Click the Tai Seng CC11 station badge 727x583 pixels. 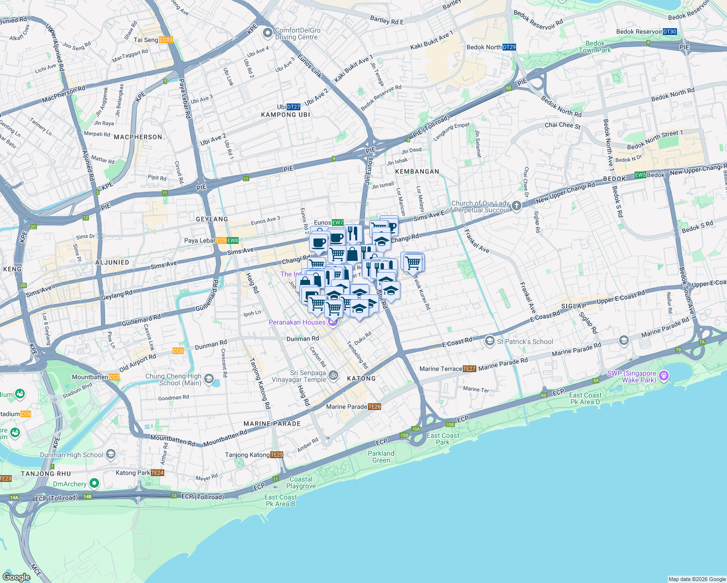click(166, 40)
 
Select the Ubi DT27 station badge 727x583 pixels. click(294, 107)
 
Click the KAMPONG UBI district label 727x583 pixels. click(285, 115)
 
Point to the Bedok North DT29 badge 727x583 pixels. click(509, 47)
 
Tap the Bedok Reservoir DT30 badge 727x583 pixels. click(670, 32)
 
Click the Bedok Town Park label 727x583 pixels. click(595, 47)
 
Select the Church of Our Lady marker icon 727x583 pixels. click(517, 206)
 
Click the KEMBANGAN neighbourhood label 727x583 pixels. click(417, 171)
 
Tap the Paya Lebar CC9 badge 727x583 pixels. click(221, 240)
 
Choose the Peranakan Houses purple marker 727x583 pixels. click(333, 322)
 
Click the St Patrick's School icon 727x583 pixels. click(489, 342)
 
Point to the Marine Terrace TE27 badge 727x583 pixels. click(469, 369)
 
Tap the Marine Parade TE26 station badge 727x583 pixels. click(374, 407)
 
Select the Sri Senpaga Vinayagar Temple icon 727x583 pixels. click(333, 376)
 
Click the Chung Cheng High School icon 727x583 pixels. click(209, 379)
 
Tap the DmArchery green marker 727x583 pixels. click(94, 483)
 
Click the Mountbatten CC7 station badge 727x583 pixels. click(114, 377)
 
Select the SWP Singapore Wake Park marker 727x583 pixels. click(664, 376)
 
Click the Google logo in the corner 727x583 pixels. click(16, 577)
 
